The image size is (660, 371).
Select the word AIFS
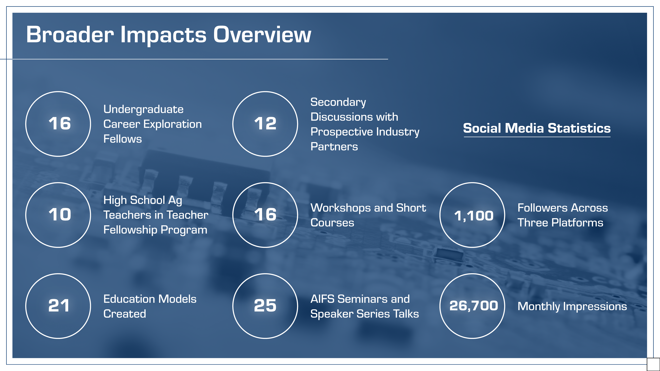(323, 299)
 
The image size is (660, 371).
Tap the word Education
(128, 299)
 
